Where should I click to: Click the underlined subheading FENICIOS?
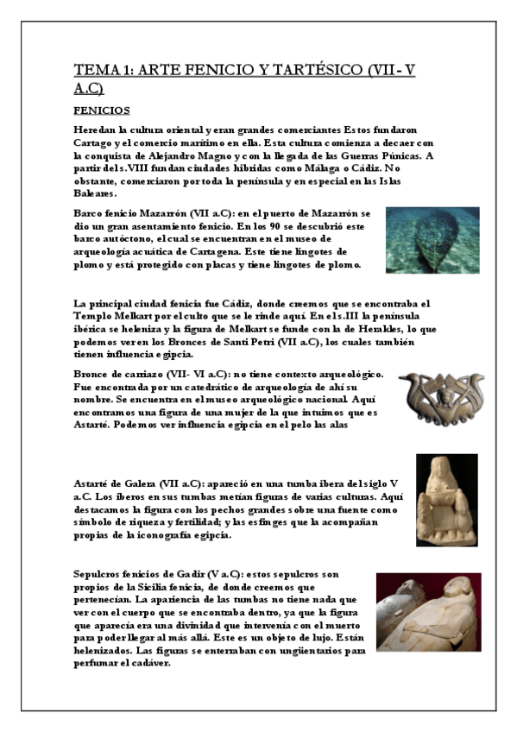(x=101, y=110)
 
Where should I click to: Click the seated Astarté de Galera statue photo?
(x=445, y=500)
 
